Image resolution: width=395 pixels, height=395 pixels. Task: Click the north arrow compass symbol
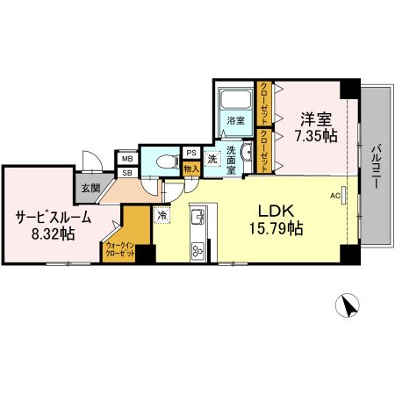[x=348, y=306]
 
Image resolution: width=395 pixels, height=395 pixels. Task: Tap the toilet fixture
[x=164, y=161]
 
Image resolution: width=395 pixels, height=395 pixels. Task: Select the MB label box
[x=127, y=159]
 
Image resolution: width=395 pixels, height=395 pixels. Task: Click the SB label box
[x=127, y=172]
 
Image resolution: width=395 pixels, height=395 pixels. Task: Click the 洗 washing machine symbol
[x=212, y=160]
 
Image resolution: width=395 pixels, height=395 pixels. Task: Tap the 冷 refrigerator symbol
[x=162, y=213]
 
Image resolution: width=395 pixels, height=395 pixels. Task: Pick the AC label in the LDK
[x=334, y=196]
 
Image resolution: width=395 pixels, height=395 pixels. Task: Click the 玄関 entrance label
[x=90, y=188]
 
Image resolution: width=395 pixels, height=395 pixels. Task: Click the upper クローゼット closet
[x=263, y=104]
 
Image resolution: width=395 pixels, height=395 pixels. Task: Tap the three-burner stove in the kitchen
[x=197, y=250]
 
